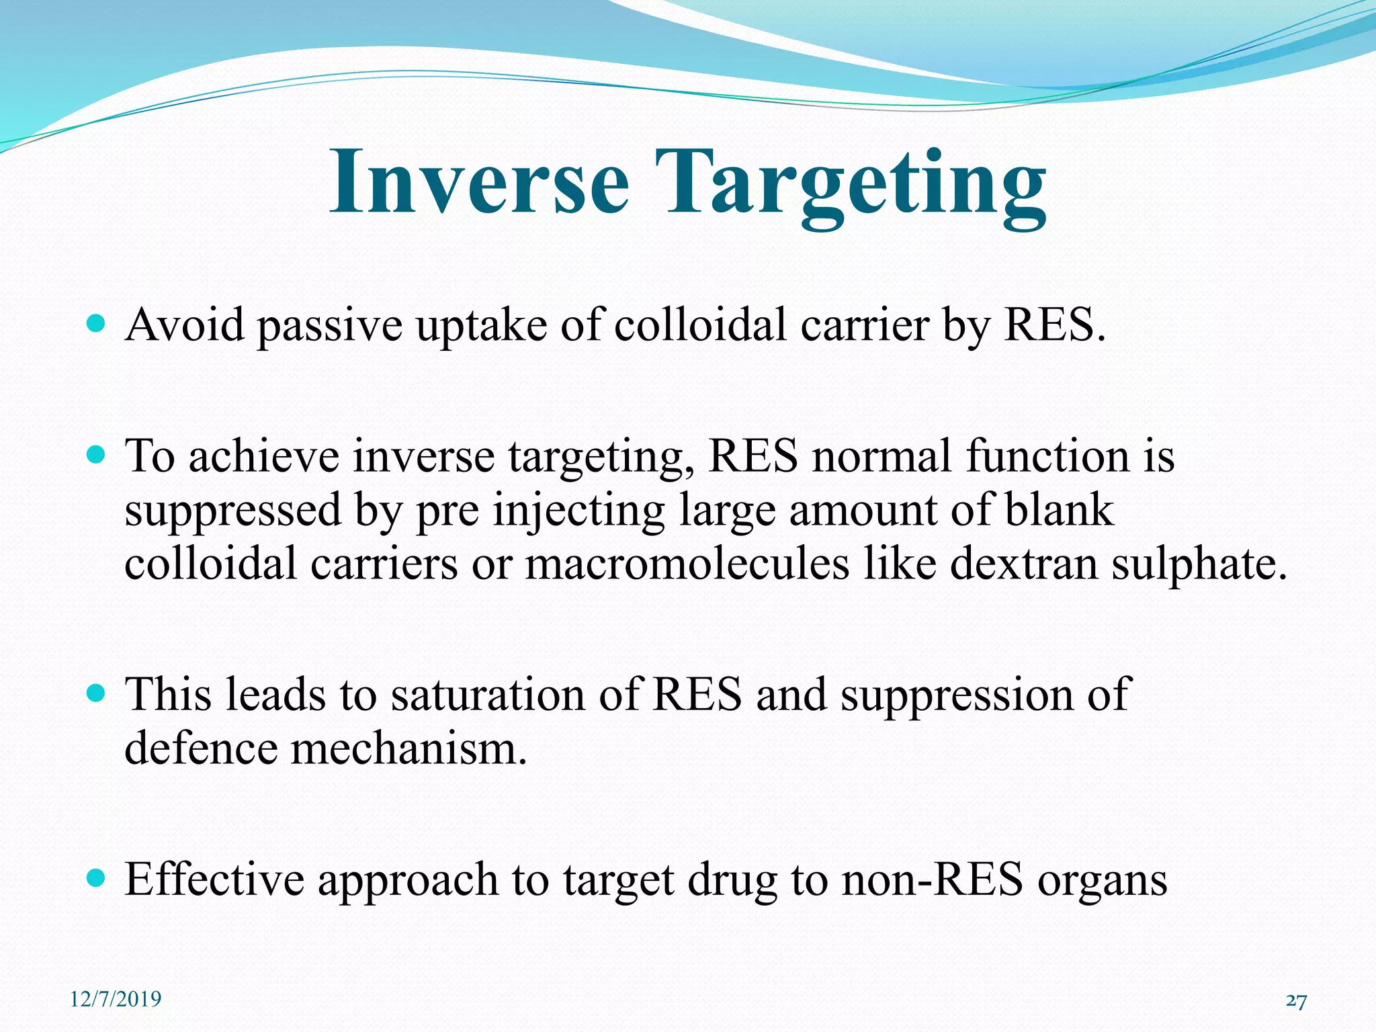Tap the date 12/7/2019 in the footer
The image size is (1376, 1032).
[116, 999]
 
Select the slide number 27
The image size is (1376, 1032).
[1296, 1002]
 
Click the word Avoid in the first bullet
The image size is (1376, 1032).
[185, 325]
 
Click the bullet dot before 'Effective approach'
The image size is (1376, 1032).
[97, 878]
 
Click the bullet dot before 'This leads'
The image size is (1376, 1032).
[97, 693]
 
